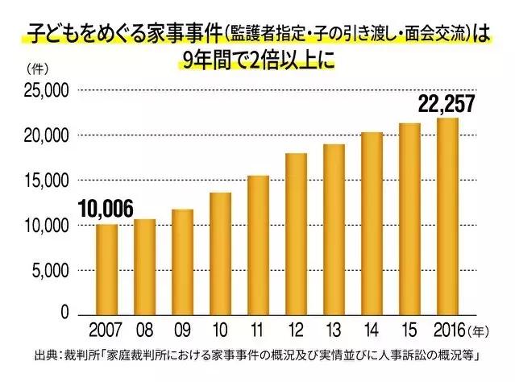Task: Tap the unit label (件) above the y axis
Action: (36, 68)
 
